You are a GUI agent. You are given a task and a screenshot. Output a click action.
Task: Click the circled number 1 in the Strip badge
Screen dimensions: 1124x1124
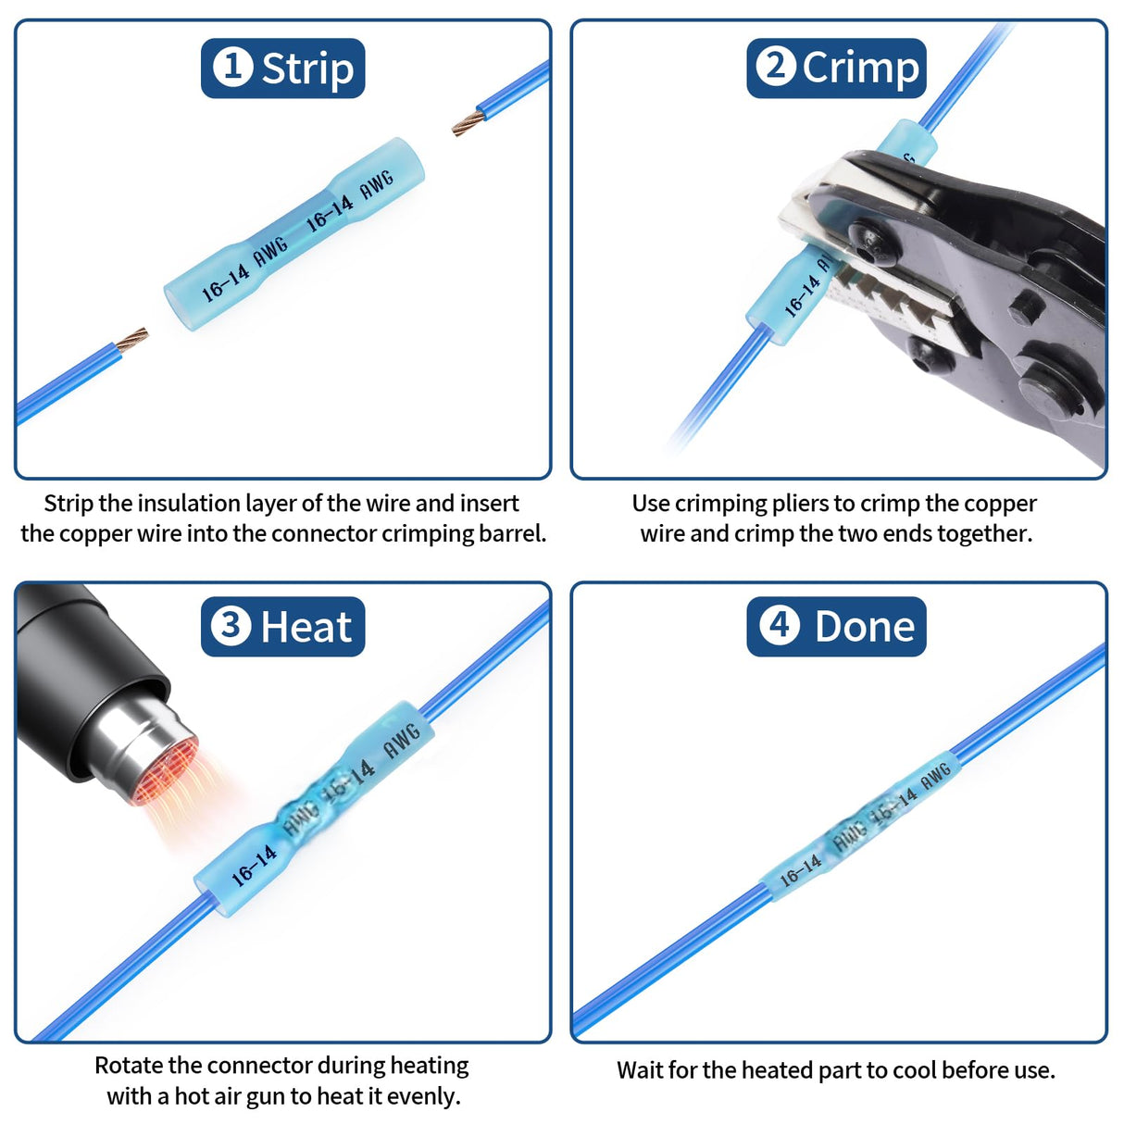point(232,67)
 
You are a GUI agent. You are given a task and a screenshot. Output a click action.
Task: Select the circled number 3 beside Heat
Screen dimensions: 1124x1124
point(231,626)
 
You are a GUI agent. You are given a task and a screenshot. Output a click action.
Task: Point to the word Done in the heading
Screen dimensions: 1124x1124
point(865,627)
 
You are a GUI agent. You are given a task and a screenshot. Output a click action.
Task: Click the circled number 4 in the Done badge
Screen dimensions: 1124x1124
point(780,626)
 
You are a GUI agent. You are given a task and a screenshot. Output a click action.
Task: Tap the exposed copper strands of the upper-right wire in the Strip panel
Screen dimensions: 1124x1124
point(468,123)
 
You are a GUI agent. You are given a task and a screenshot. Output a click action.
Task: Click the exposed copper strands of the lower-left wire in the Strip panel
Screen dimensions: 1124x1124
point(131,339)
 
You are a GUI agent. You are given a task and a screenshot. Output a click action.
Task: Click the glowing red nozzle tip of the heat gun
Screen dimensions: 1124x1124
point(165,771)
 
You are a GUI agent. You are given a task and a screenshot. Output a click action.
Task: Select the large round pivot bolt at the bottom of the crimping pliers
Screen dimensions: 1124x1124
point(1054,387)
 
